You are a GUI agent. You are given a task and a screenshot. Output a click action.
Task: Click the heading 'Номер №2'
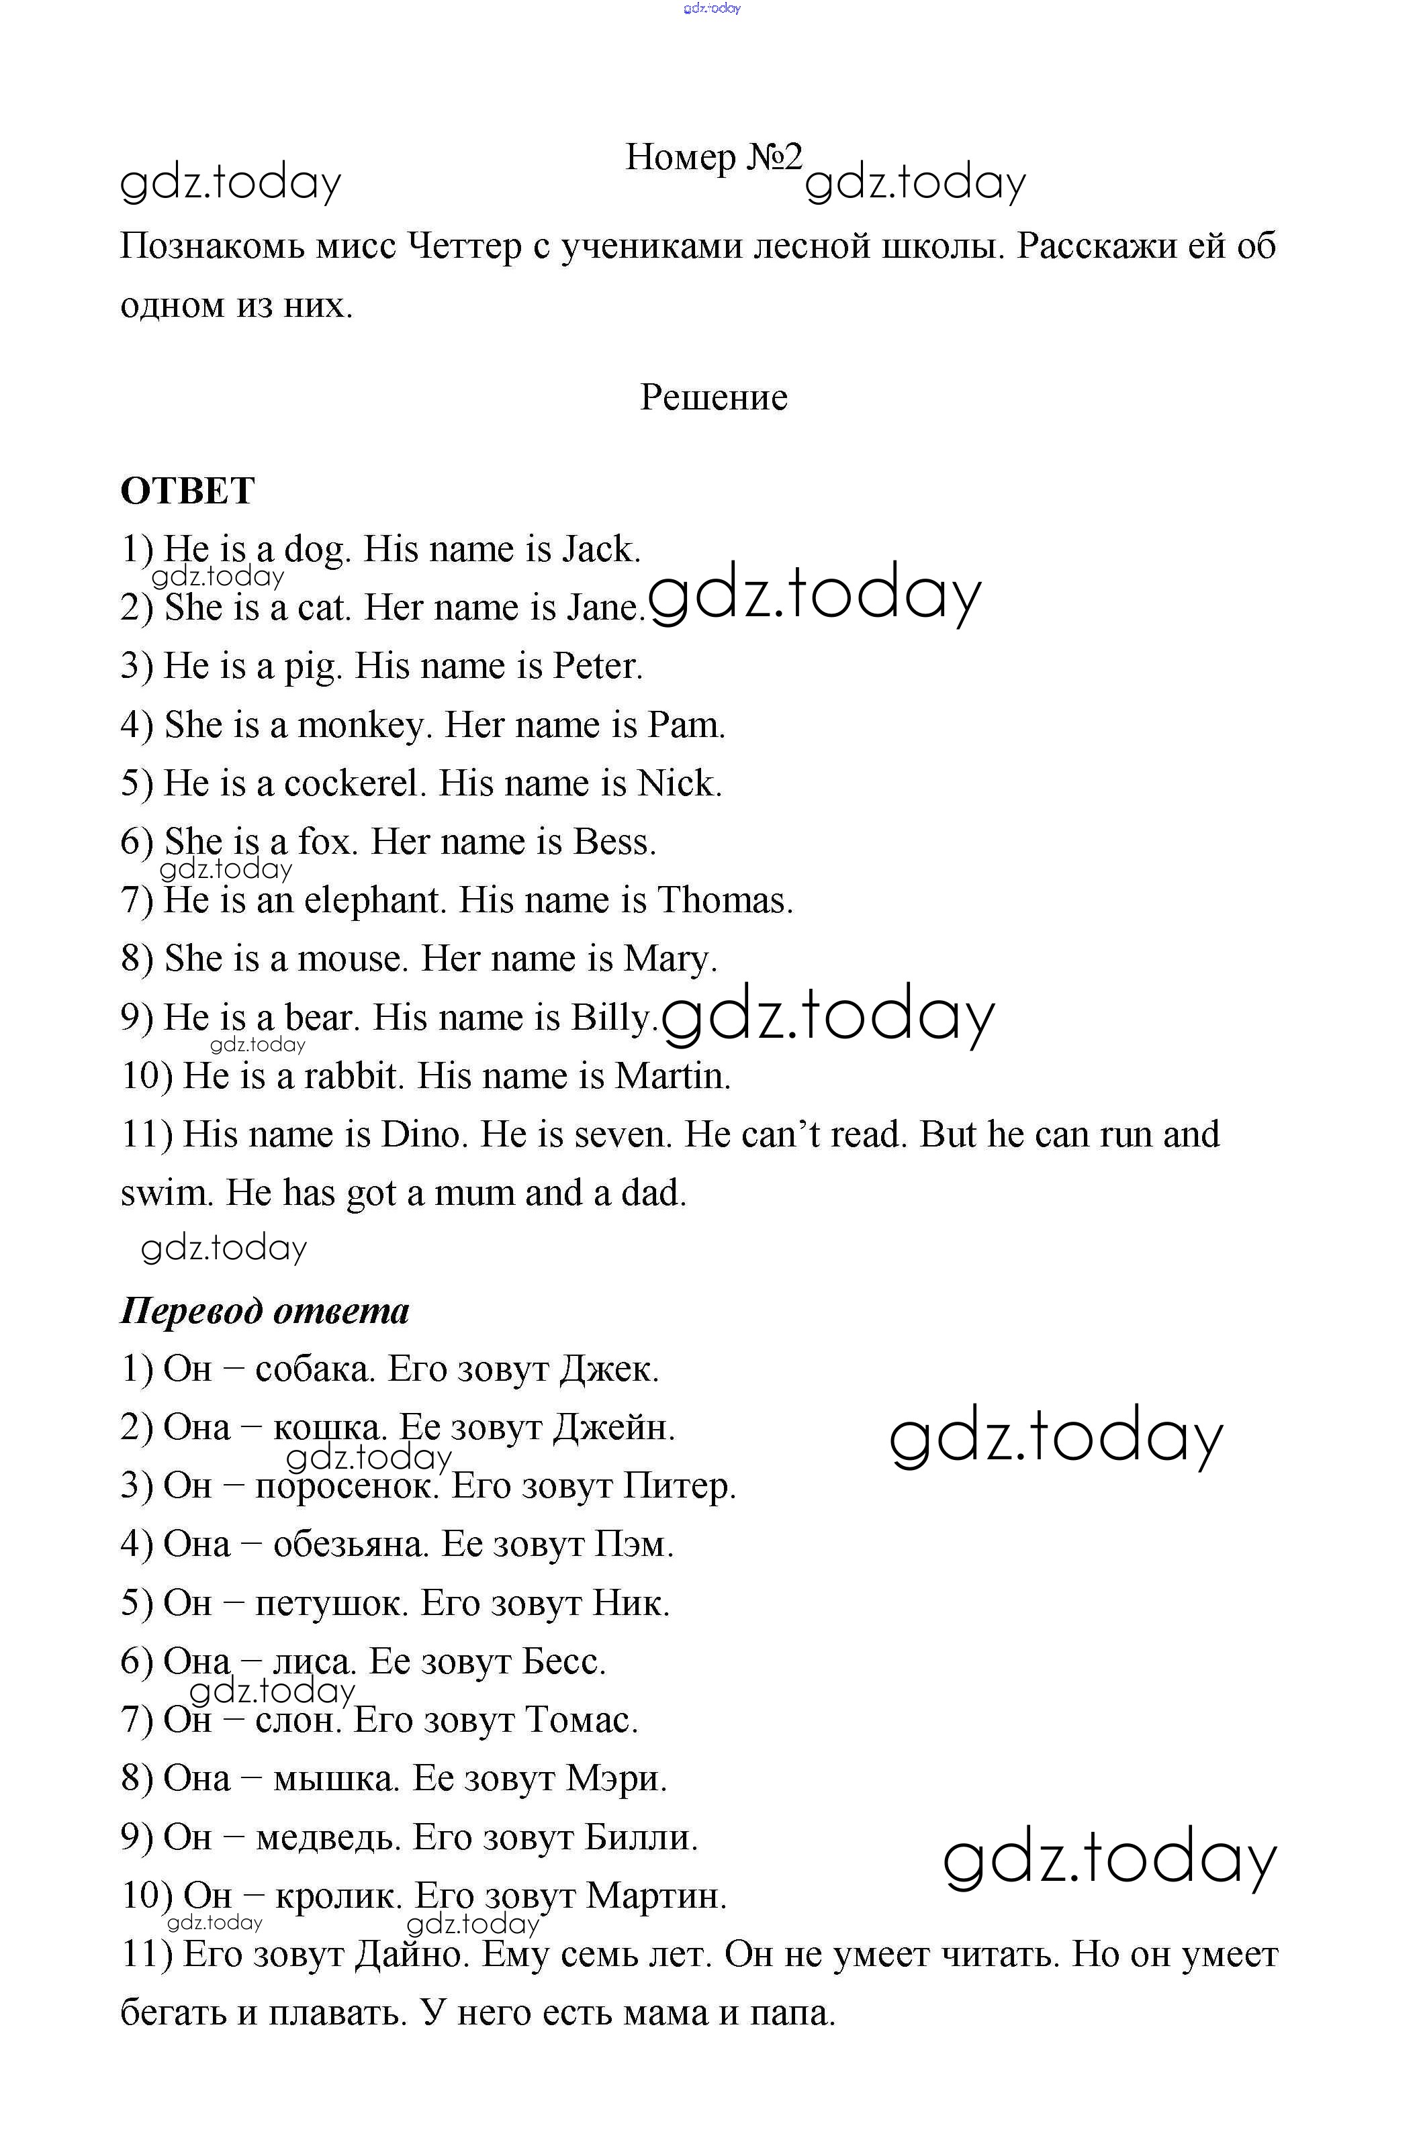click(713, 158)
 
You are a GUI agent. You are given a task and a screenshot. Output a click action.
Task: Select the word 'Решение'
click(713, 397)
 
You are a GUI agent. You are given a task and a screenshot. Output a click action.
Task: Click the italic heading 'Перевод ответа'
click(265, 1311)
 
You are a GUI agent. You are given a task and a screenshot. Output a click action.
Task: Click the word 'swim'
click(165, 1193)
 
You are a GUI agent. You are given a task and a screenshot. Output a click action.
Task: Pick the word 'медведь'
click(328, 1838)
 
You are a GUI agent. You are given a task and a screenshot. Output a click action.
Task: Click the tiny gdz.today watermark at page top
click(712, 8)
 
